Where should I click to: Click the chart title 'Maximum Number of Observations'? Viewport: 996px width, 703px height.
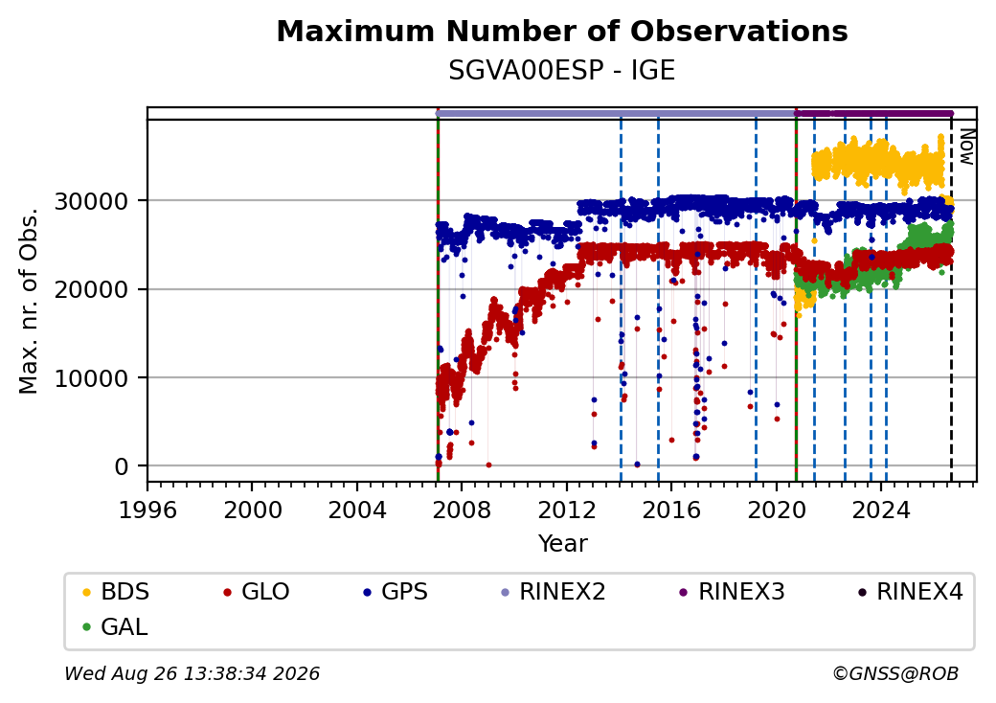(x=562, y=31)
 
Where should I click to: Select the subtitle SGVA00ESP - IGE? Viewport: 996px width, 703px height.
(x=562, y=70)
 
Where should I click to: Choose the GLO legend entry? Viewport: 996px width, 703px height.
(x=257, y=592)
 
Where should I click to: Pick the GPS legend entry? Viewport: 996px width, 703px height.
(x=396, y=592)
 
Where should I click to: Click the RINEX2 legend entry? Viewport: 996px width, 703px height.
(x=554, y=592)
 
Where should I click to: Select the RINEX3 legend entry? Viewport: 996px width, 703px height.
(x=733, y=592)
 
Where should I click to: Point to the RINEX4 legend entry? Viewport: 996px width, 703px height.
(x=911, y=592)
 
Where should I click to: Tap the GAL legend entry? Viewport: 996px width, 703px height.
(x=115, y=626)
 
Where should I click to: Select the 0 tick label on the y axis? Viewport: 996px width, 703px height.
(x=122, y=466)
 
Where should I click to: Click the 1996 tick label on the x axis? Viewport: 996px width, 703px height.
(x=148, y=510)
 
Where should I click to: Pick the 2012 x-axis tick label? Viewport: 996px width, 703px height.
(x=567, y=510)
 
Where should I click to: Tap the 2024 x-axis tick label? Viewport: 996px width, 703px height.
(x=881, y=510)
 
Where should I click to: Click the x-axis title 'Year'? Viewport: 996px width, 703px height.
(x=563, y=544)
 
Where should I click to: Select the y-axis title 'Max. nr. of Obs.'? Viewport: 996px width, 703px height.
(x=29, y=301)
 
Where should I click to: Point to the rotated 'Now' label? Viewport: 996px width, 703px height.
(x=966, y=147)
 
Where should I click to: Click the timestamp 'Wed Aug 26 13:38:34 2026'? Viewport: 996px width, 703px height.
(x=192, y=673)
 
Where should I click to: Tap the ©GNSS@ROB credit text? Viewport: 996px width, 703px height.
(x=895, y=673)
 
